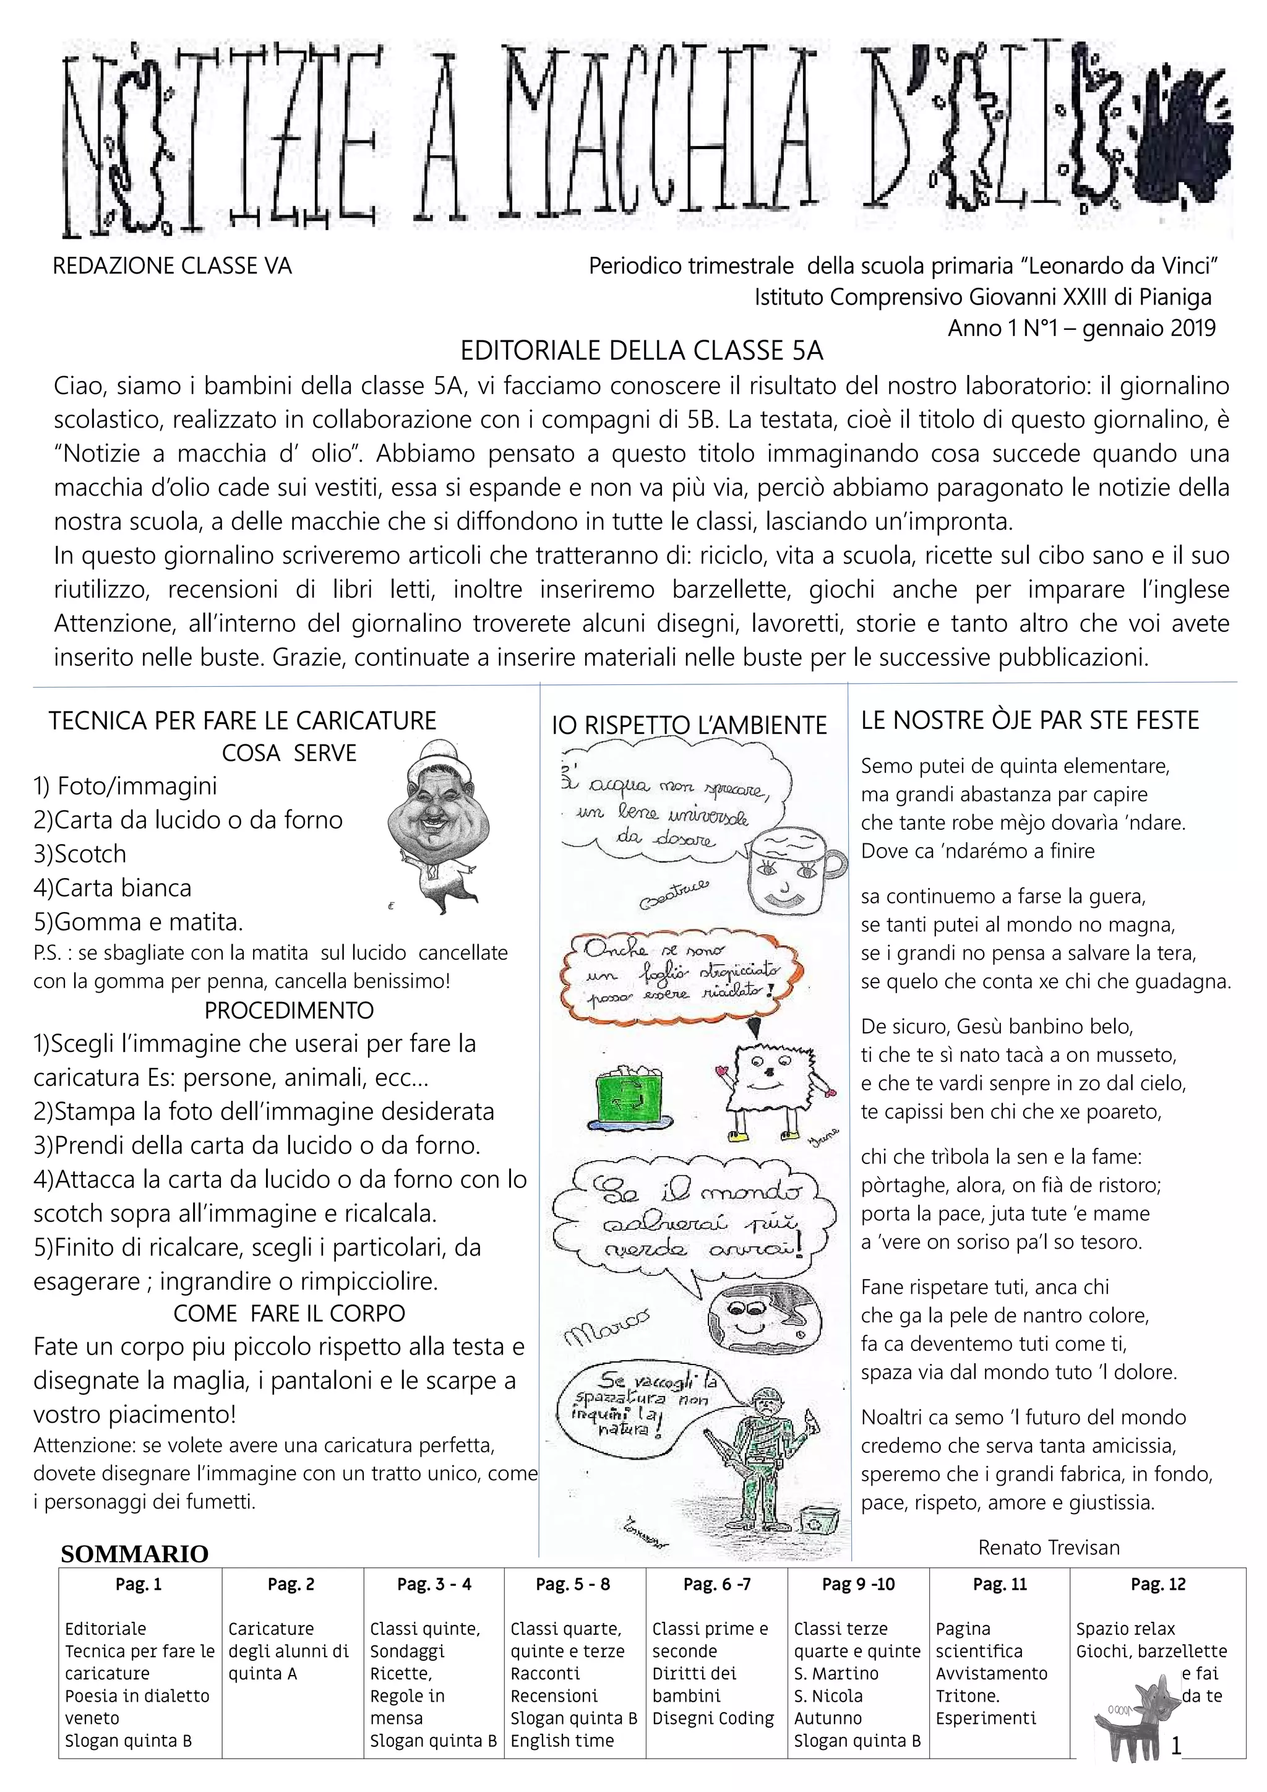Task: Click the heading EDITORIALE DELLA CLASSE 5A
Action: click(642, 351)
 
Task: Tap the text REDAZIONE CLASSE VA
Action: click(171, 267)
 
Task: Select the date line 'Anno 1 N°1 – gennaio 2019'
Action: click(1081, 328)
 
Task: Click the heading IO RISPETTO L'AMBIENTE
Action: click(689, 725)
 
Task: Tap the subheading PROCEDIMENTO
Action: click(289, 1010)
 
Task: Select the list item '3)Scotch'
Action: click(80, 854)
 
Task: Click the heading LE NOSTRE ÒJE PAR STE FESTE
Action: click(1030, 720)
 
